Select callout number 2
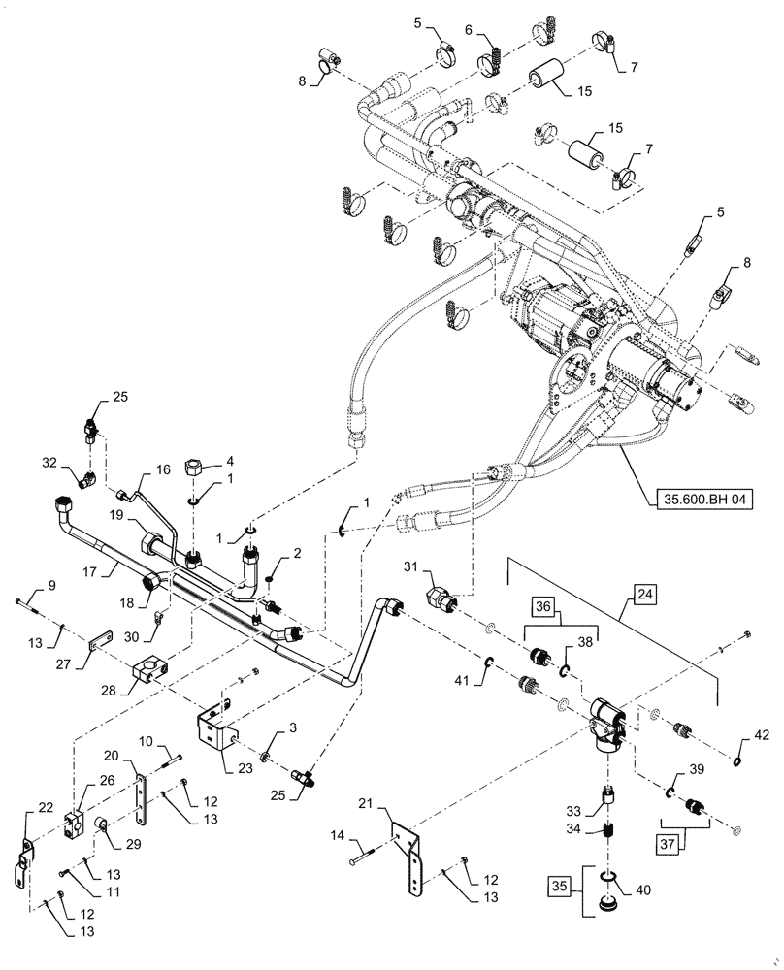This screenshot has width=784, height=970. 282,552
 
